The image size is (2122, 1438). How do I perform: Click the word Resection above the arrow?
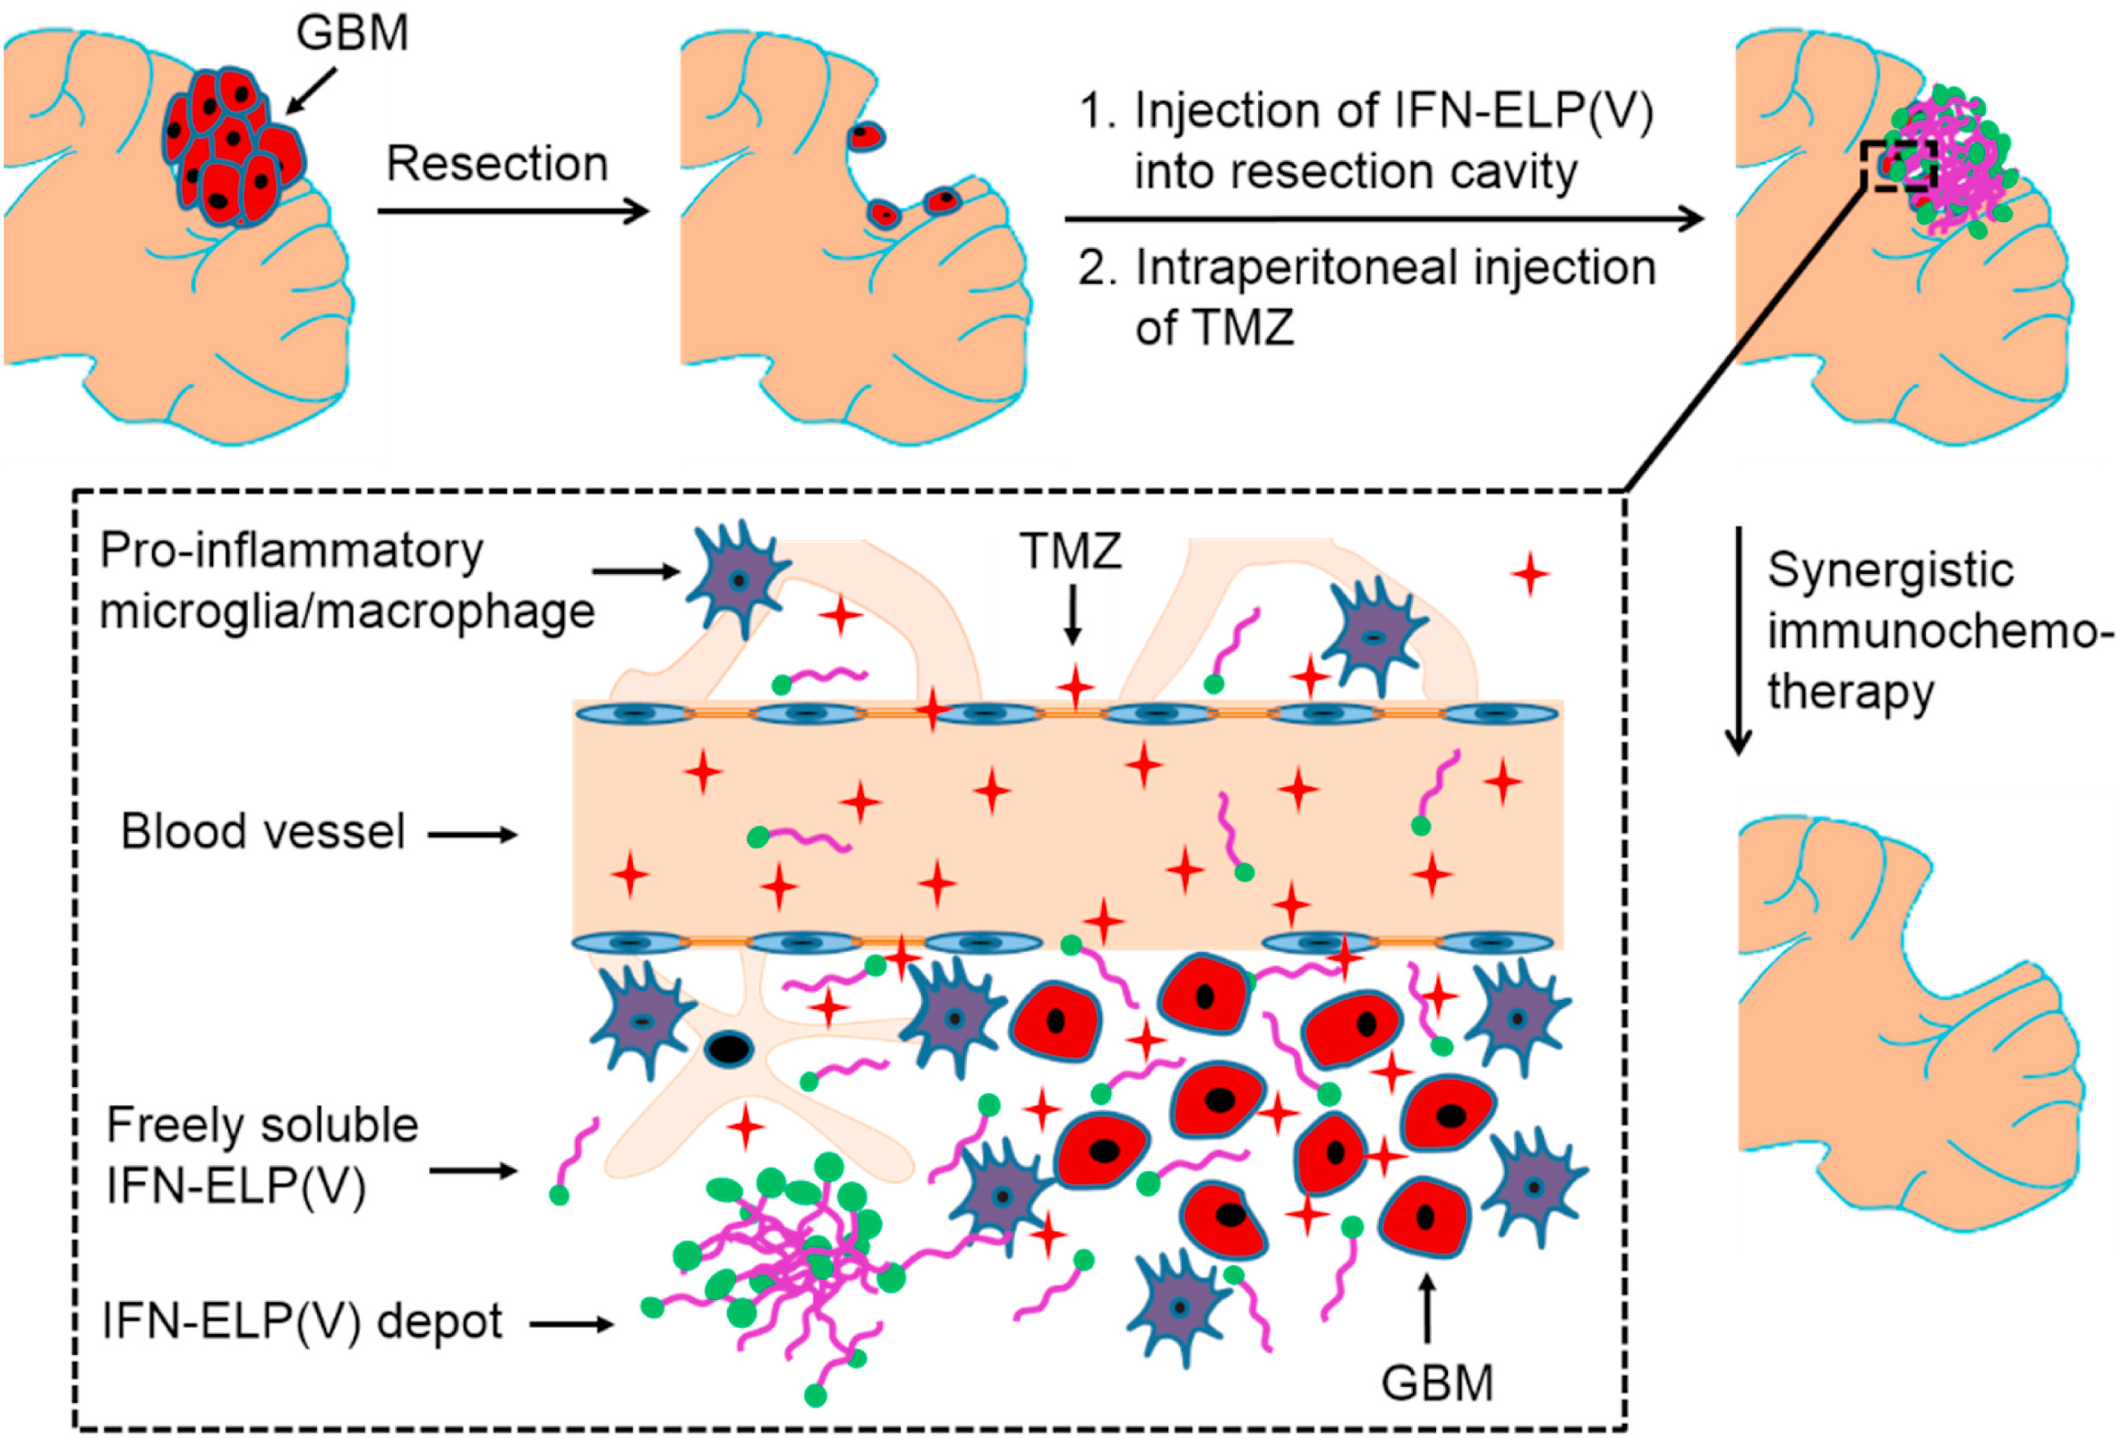(x=497, y=165)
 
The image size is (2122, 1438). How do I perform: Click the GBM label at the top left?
(x=352, y=33)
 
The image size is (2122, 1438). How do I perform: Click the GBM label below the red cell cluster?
(x=1436, y=1382)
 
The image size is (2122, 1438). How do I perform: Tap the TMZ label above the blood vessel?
(x=1070, y=552)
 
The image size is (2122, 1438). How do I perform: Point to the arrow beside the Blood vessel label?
(x=473, y=835)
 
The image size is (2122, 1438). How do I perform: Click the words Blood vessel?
(x=263, y=832)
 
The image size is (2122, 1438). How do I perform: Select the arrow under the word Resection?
(x=512, y=212)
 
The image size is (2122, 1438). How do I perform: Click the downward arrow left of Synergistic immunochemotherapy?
(x=1739, y=639)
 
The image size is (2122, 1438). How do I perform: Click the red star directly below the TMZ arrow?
(x=1075, y=687)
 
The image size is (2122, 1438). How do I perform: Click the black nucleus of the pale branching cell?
(x=728, y=1049)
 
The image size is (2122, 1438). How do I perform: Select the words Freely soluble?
(x=262, y=1125)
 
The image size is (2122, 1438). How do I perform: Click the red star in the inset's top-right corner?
(x=1530, y=575)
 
